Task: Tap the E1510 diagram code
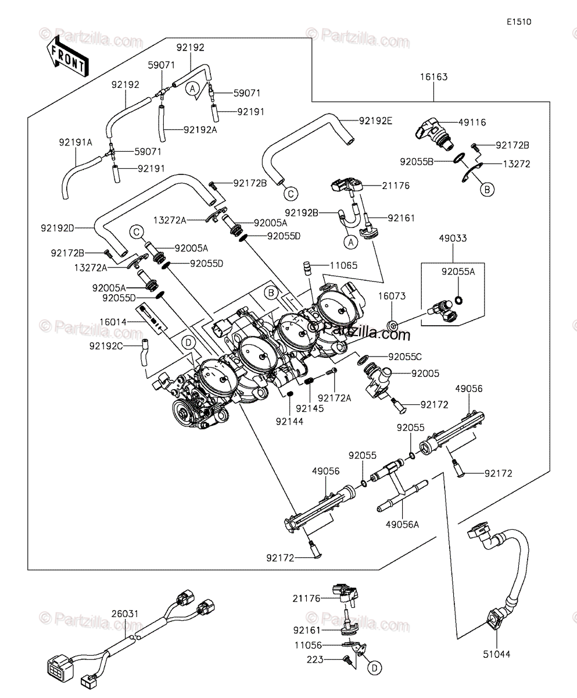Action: (x=519, y=22)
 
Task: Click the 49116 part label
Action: (x=472, y=122)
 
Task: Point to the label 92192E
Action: (x=375, y=121)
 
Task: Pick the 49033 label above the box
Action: (x=453, y=238)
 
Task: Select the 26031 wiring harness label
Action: (x=125, y=613)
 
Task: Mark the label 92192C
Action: (x=107, y=346)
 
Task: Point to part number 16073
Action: (x=392, y=297)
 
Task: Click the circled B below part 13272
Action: (x=487, y=189)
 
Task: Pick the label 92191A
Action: (x=75, y=142)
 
